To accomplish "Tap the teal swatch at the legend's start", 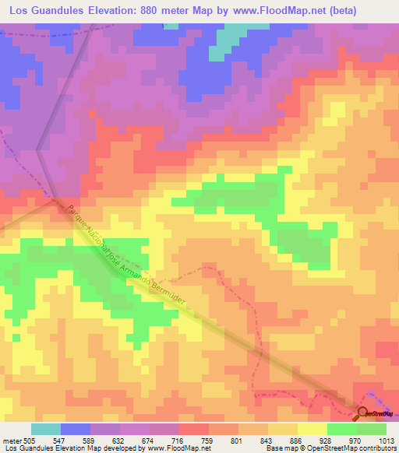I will [45, 429].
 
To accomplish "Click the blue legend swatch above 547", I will [76, 429].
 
